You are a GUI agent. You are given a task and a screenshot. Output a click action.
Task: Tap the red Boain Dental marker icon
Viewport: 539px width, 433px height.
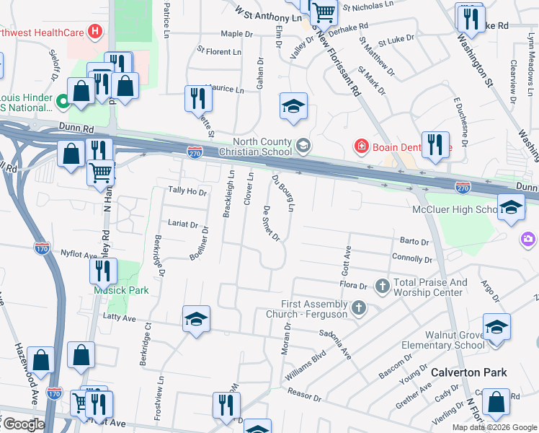(x=360, y=147)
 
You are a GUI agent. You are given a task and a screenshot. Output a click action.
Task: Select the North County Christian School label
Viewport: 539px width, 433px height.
(x=263, y=146)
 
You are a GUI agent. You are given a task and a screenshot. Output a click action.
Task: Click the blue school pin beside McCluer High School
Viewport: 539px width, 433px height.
(x=511, y=208)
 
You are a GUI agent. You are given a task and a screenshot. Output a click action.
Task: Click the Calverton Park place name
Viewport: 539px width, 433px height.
(x=469, y=373)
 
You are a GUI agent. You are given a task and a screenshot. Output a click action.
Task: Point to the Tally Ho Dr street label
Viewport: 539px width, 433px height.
(x=187, y=191)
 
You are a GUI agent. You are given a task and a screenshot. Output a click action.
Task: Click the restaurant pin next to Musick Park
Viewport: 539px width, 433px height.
(x=104, y=271)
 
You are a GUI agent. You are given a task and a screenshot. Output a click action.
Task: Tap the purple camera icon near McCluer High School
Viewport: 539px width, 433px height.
(x=528, y=238)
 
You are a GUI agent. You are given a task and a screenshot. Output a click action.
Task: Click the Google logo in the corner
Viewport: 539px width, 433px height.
(x=23, y=424)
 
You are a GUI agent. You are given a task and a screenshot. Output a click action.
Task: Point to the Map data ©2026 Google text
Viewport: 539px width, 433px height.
(x=494, y=427)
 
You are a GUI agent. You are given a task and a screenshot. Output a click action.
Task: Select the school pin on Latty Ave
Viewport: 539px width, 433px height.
(x=195, y=320)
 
